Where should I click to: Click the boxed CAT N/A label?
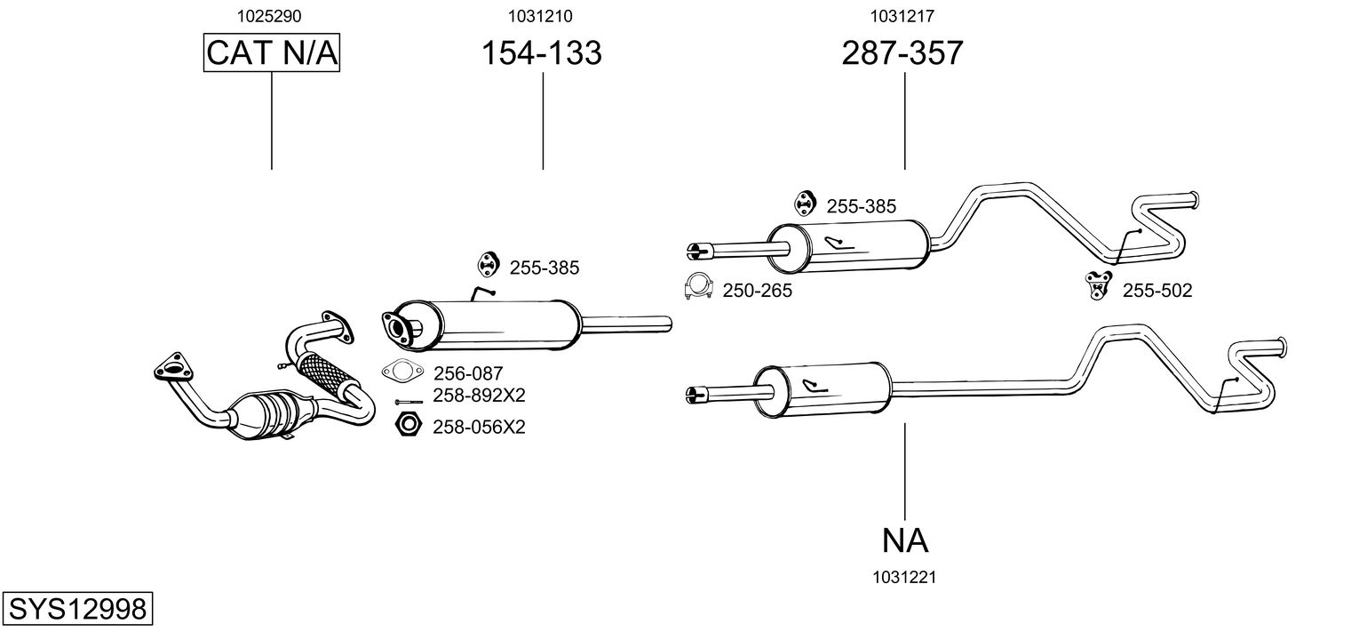coord(272,53)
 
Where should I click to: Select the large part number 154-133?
coord(541,53)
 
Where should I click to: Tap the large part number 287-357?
coord(902,53)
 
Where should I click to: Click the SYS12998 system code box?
coord(77,610)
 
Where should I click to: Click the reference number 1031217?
coord(902,15)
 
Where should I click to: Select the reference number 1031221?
coord(904,578)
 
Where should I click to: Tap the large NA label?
coord(905,540)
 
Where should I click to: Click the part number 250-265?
coord(757,291)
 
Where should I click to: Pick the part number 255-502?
coord(1157,291)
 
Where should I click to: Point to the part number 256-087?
coord(468,374)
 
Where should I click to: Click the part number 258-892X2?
coord(479,396)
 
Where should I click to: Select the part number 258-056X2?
coord(479,428)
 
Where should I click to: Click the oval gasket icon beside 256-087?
coord(401,372)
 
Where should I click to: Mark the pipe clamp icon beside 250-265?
coord(699,285)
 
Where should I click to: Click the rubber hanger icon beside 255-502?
coord(1100,284)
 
